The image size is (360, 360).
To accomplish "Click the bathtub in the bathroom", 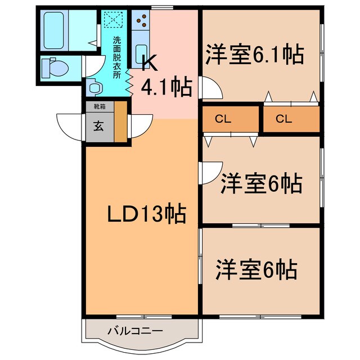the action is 54,30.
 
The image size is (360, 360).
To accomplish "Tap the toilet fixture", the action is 55,68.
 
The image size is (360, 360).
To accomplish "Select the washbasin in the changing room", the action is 94,87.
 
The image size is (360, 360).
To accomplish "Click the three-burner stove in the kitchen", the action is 141,20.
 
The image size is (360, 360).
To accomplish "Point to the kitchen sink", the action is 141,54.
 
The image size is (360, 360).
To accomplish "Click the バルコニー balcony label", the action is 135,331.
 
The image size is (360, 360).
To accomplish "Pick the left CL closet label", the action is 223,119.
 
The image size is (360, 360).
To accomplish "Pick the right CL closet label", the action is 283,119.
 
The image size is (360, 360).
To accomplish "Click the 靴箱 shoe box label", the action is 100,106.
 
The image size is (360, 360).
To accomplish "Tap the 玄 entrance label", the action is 99,126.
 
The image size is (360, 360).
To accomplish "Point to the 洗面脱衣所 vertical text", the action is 116,57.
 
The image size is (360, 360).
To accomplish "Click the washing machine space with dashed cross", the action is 113,19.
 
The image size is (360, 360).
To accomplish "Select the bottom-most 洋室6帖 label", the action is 256,270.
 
